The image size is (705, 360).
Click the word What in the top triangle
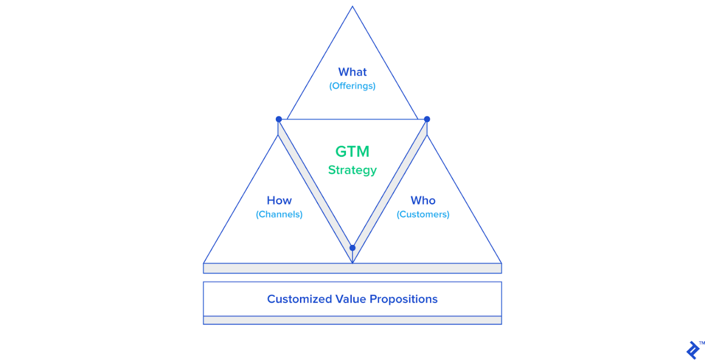(x=352, y=72)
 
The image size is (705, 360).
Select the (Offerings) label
(x=352, y=86)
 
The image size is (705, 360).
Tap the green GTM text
(x=352, y=152)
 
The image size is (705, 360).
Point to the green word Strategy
(x=352, y=170)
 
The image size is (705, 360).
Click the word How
(x=279, y=201)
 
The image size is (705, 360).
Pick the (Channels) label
(x=279, y=214)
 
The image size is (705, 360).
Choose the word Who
(x=423, y=201)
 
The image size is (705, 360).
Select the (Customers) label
(x=423, y=214)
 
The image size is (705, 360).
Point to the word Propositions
(x=403, y=299)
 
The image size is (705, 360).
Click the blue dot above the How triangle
(x=279, y=119)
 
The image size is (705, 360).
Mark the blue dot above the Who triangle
(x=426, y=119)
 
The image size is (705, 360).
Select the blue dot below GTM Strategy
(x=352, y=248)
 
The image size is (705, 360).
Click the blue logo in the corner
(x=693, y=350)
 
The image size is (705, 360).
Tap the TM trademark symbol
(x=702, y=343)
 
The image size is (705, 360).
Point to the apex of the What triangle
(x=352, y=7)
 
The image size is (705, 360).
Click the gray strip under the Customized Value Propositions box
(x=352, y=320)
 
